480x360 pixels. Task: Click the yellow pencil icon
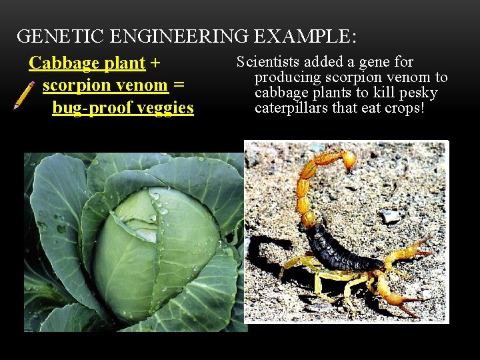coord(25,95)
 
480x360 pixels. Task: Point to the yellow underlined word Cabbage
coord(63,63)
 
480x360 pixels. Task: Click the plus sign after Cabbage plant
coord(155,63)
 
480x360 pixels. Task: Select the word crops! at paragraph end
coord(403,107)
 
